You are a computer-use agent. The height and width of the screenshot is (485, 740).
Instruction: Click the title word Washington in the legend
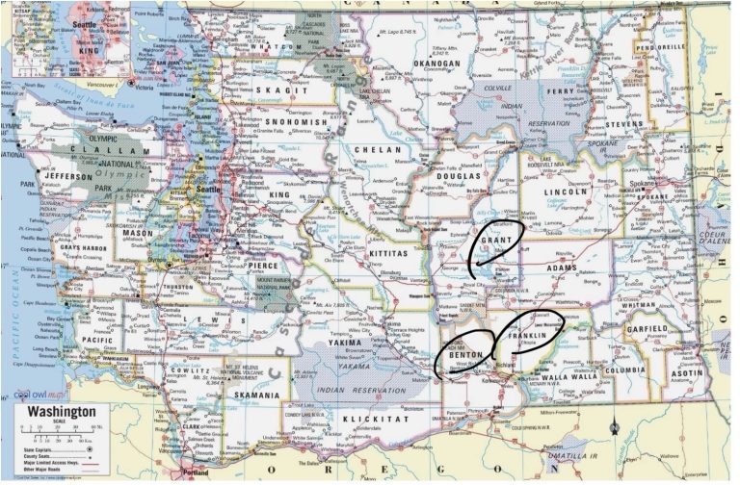[62, 412]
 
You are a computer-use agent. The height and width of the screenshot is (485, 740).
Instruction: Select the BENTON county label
[464, 356]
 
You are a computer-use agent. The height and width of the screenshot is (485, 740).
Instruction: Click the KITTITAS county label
[389, 252]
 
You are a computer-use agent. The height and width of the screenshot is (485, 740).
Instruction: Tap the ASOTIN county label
[686, 372]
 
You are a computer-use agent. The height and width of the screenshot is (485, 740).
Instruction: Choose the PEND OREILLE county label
[659, 46]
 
